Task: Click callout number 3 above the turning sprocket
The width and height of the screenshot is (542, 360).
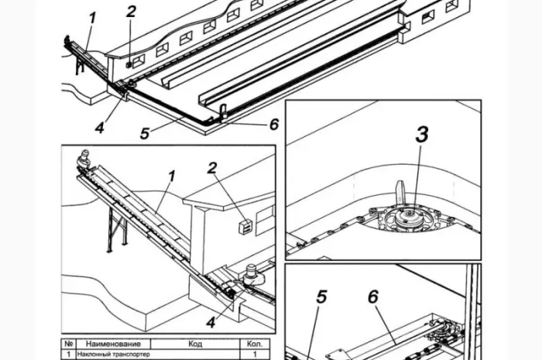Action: click(x=422, y=135)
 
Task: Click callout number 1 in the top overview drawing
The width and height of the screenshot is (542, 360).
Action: click(x=92, y=19)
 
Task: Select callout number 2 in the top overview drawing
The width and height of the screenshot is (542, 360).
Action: click(x=131, y=12)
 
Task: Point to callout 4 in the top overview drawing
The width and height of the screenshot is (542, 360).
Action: click(x=100, y=128)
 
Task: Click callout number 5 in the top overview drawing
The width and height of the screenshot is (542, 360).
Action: click(x=145, y=133)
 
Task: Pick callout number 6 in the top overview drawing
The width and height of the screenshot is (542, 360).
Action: click(x=274, y=125)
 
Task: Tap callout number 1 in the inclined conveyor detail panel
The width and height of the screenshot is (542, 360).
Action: click(x=171, y=176)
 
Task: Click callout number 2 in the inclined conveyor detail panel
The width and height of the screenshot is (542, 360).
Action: click(x=212, y=168)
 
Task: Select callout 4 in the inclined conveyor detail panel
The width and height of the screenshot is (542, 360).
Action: click(x=211, y=322)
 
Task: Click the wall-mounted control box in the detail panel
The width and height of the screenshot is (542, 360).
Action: click(x=245, y=227)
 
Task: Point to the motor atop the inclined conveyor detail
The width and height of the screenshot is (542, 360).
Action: click(x=83, y=159)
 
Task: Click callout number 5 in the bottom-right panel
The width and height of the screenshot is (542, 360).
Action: click(x=321, y=297)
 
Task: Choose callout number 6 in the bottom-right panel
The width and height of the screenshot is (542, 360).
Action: click(x=373, y=297)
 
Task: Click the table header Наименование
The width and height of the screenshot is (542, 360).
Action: click(x=113, y=344)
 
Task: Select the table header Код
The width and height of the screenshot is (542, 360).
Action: click(x=195, y=344)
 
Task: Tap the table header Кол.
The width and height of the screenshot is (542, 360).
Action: click(x=255, y=344)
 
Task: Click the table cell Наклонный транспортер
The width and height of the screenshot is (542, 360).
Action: click(x=113, y=354)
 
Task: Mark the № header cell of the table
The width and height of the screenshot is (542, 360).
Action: click(x=68, y=344)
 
